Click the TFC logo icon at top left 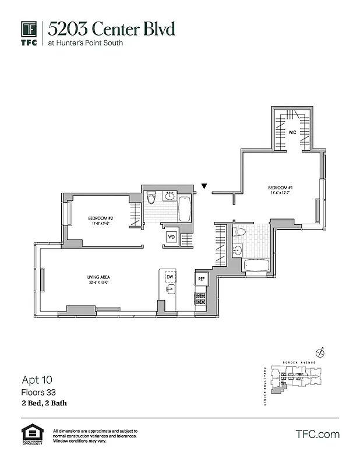coord(29,30)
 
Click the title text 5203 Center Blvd coord(111,29)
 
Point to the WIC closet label coord(292,133)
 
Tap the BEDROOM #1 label coord(279,188)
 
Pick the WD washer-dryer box coord(171,237)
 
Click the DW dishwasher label coord(169,277)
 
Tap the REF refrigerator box coord(202,279)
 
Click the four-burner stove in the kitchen coord(201,299)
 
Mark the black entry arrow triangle coord(204,186)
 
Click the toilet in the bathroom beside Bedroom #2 coord(151,198)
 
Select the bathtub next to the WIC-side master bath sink coord(256,266)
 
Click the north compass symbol coord(320,352)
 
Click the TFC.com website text coord(317,435)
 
